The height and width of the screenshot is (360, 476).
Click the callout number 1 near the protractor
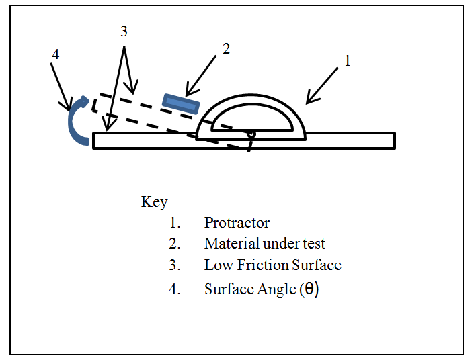coord(347,61)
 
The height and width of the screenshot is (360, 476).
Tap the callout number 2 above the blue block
coord(226,48)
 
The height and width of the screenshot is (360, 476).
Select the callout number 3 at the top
coord(124,32)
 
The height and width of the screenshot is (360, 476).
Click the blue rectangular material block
coord(181,103)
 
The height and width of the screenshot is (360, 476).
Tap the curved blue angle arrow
coord(77,121)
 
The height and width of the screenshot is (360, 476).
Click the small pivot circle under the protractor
coord(250,134)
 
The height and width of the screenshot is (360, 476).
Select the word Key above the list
coord(155,201)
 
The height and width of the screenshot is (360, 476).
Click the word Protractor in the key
coord(237,223)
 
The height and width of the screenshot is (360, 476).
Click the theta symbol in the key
coord(311,289)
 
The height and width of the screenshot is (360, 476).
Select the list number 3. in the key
coord(175,265)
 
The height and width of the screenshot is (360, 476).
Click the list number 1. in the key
coord(175,223)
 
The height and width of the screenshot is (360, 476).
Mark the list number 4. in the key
coord(175,289)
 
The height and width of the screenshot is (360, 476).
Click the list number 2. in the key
coord(175,244)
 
